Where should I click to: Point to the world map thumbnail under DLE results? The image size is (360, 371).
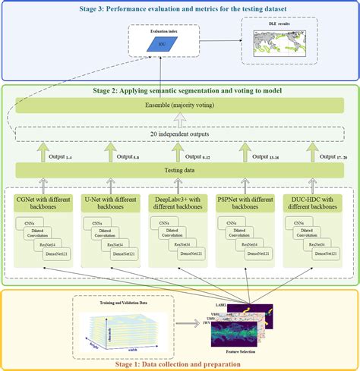[279, 47]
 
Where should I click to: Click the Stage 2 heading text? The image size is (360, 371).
[179, 90]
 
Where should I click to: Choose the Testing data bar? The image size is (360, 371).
[179, 170]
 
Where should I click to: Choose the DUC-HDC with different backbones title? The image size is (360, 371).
[317, 203]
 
